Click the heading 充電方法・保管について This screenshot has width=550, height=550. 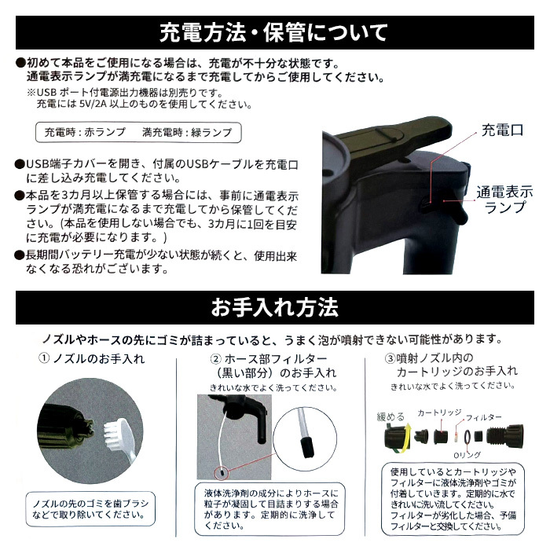click(x=274, y=33)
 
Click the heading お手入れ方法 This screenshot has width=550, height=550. click(x=275, y=307)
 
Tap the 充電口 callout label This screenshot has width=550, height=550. click(x=502, y=130)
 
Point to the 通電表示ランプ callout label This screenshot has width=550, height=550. click(x=504, y=200)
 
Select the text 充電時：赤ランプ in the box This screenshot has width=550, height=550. click(x=85, y=132)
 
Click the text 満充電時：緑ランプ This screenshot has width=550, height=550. click(x=187, y=132)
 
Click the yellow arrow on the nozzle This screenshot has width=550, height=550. click(x=405, y=437)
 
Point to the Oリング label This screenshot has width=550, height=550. click(x=467, y=455)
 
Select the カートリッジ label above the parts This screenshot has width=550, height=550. click(x=439, y=412)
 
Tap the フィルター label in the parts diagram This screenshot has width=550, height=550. click(x=484, y=417)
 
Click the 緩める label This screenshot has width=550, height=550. click(x=390, y=416)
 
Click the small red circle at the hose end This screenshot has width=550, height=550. click(x=221, y=472)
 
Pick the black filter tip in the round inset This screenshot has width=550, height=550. click(x=307, y=445)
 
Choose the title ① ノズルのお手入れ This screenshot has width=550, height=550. click(x=92, y=359)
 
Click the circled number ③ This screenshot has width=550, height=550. click(x=390, y=358)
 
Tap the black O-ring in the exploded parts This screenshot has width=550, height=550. click(x=467, y=438)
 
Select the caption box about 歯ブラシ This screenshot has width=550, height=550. click(x=90, y=509)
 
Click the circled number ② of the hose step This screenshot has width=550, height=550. click(x=216, y=359)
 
